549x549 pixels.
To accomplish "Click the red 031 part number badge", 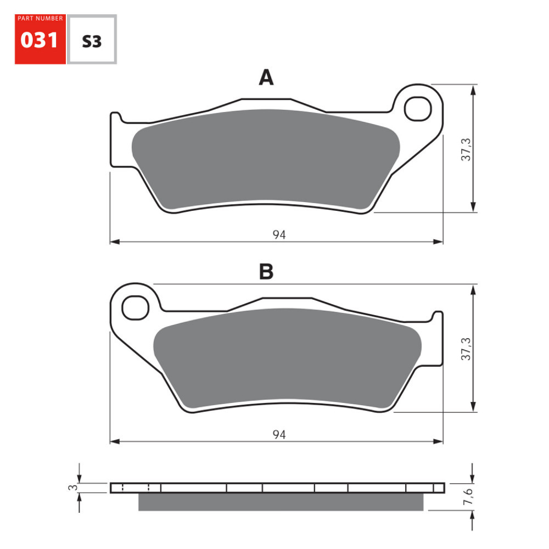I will click(x=40, y=40).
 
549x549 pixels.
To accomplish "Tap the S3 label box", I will click(x=92, y=40).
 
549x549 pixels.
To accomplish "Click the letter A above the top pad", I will click(x=266, y=78).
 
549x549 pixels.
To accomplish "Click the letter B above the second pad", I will click(x=266, y=271).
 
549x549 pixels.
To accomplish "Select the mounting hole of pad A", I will click(x=418, y=108).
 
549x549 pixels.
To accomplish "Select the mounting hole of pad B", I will click(x=136, y=307).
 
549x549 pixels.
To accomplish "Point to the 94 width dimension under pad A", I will click(x=279, y=235).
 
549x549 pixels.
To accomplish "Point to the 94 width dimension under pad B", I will click(x=279, y=434).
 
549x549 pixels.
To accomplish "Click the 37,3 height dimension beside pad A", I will click(x=466, y=148).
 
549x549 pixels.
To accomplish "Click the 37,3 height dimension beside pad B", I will click(x=466, y=348).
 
